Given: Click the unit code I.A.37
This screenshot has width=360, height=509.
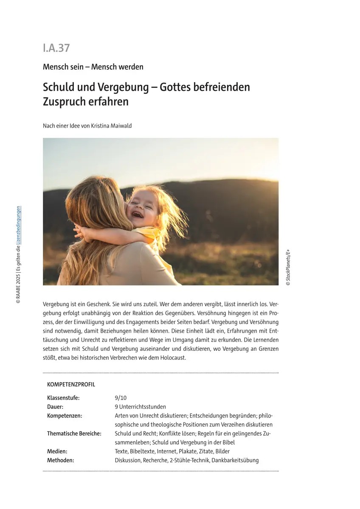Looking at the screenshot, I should point(56,48).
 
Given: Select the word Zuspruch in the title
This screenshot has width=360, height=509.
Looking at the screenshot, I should point(64,102).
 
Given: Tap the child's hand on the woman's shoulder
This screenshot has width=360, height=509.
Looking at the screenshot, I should point(80,231).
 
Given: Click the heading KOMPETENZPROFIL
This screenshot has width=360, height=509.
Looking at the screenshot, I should point(71,385).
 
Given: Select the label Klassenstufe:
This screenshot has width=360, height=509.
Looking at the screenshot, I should point(63,398).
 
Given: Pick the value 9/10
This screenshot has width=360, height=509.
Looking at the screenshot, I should point(121,398).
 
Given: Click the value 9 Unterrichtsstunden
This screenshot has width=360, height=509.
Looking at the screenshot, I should point(140,407).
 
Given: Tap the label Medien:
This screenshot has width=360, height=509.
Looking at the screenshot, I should point(57,451).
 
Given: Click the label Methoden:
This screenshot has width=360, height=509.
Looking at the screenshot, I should point(60,460).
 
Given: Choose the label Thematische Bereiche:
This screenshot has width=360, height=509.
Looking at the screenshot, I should point(74,433).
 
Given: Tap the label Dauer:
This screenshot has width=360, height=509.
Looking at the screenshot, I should point(55,407).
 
